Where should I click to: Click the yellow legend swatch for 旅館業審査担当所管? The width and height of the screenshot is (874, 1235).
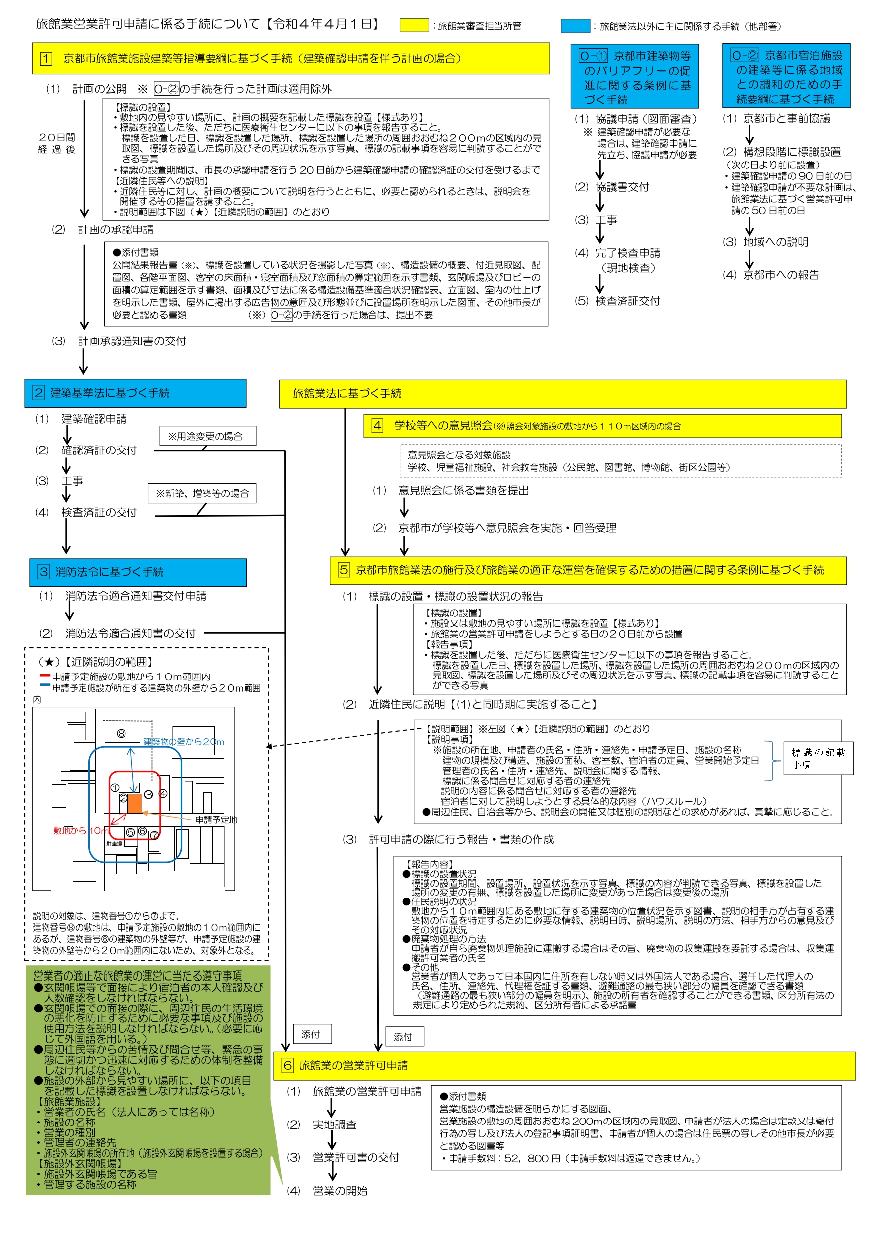414,25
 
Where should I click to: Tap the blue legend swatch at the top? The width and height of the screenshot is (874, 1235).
575,26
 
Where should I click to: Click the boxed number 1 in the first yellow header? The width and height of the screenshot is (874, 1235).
46,59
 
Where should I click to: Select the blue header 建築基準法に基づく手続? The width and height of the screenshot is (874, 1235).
135,393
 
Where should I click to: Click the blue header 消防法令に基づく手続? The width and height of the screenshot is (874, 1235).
138,572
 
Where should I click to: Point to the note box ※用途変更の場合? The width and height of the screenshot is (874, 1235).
208,436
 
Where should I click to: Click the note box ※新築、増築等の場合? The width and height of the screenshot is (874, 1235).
202,493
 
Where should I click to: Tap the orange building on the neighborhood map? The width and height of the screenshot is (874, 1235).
134,803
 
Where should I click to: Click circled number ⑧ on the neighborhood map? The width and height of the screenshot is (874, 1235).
121,733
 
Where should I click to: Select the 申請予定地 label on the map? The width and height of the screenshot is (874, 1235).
216,820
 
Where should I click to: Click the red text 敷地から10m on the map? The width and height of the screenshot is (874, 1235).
81,830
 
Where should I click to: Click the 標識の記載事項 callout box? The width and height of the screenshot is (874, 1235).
818,758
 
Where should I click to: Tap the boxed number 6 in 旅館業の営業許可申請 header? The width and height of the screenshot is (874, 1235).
288,1065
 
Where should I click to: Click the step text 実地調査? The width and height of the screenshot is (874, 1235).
334,1124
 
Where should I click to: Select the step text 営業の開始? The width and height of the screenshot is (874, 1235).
340,1190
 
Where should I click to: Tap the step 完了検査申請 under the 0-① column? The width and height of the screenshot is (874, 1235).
627,253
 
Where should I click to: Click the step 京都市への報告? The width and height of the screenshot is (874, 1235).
781,275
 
